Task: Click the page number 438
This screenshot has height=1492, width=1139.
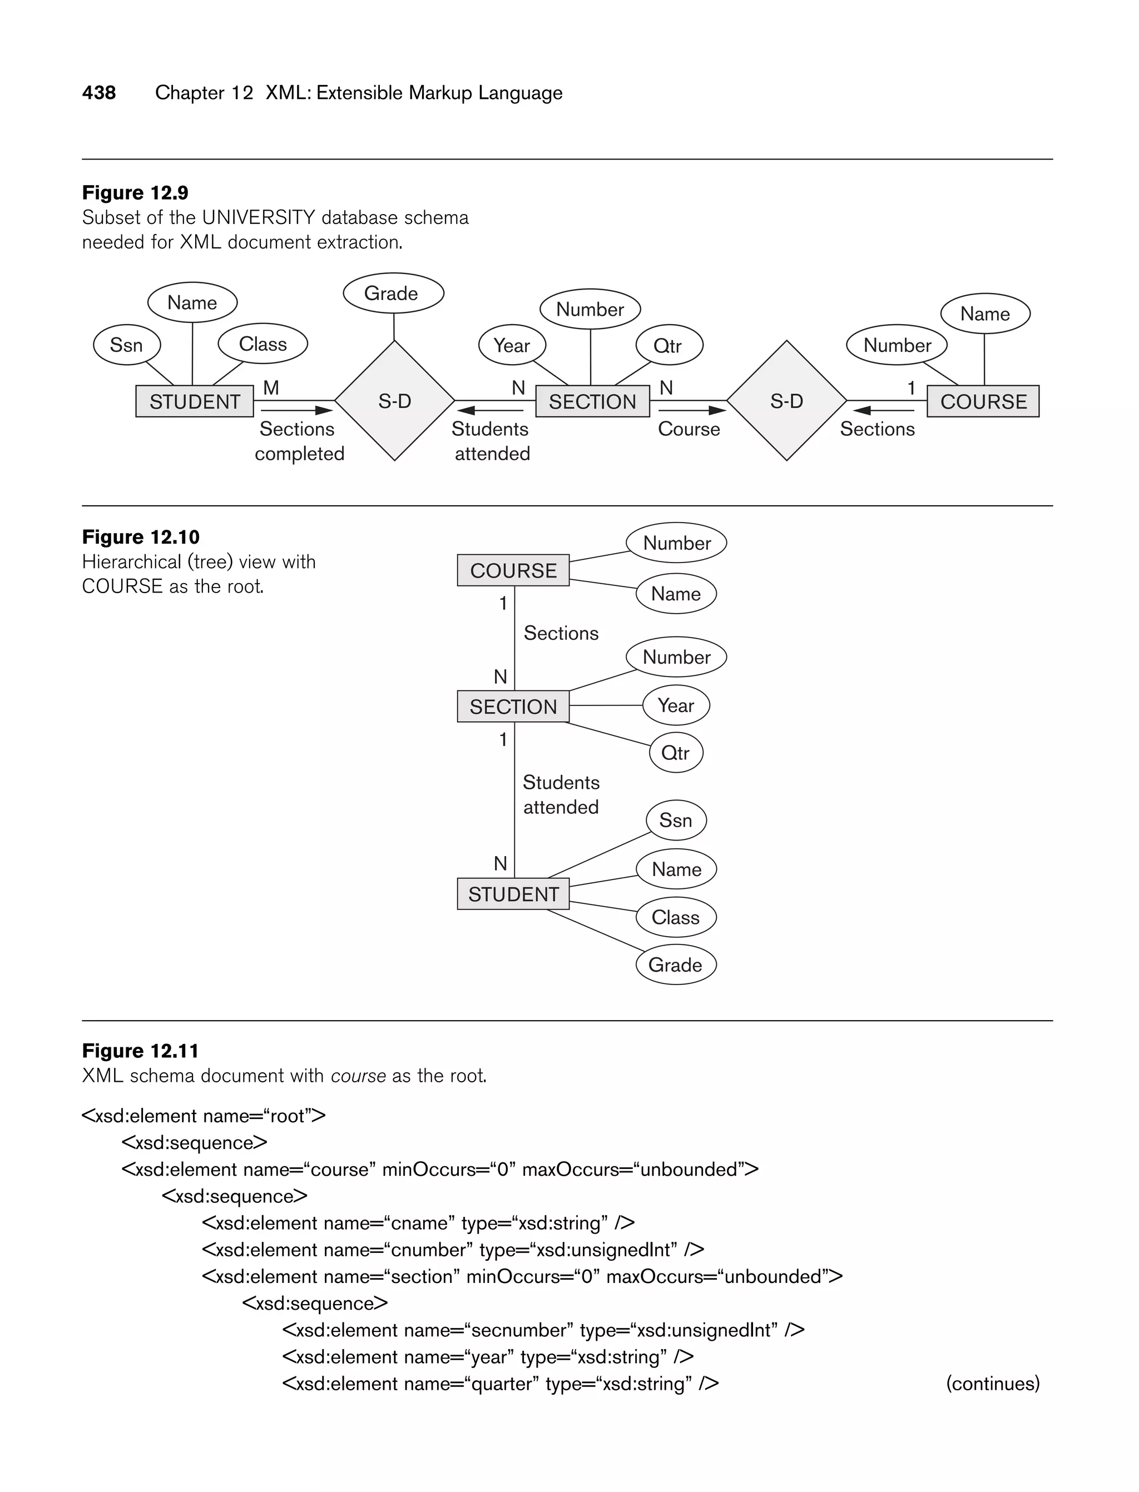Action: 99,93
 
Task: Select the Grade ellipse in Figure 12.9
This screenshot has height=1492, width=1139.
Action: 393,294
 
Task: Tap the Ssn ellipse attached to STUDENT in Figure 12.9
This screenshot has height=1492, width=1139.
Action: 127,345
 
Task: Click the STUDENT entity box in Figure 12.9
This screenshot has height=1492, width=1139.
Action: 195,401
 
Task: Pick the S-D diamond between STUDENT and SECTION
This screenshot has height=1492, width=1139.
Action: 394,401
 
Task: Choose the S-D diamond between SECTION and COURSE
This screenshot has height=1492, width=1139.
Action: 786,401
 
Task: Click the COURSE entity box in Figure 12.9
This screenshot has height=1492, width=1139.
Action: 983,401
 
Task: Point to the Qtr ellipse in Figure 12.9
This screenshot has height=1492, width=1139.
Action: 668,346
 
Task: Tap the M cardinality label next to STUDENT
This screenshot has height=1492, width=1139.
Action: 271,387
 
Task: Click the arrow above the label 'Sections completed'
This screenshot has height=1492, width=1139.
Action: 297,410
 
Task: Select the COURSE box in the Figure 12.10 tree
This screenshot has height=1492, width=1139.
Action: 513,570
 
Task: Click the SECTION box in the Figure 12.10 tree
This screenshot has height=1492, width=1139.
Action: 513,707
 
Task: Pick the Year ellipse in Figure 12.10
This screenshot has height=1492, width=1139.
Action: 676,705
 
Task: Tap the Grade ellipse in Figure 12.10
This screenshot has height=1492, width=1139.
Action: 676,965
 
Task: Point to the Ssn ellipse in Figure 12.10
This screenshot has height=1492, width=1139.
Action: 676,820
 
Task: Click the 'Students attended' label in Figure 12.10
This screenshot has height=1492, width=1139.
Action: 561,795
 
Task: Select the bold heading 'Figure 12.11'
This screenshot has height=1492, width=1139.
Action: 140,1051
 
